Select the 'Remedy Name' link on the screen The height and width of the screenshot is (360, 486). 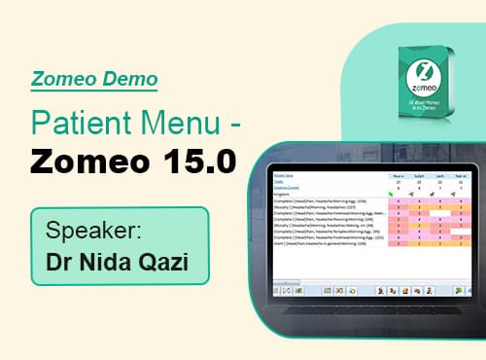click(283, 176)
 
